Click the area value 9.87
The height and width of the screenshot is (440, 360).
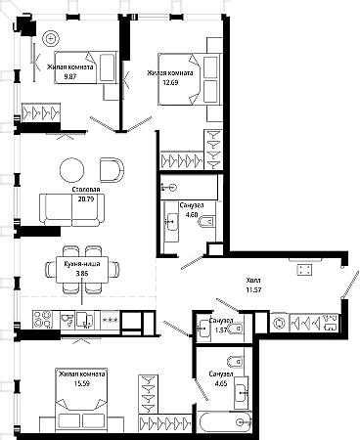click(70, 77)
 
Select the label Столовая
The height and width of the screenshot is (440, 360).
click(86, 190)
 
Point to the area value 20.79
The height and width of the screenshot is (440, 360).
click(86, 198)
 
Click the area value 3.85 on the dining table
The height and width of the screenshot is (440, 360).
click(82, 274)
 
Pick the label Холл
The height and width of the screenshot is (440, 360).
click(253, 281)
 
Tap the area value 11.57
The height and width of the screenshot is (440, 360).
click(253, 289)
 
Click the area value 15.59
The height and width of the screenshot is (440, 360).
click(82, 383)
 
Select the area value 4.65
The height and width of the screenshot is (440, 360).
click(221, 383)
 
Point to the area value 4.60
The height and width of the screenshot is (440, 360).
click(192, 215)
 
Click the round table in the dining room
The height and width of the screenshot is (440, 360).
click(71, 170)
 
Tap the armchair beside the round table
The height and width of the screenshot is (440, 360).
click(112, 170)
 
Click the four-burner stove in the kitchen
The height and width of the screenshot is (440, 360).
click(43, 320)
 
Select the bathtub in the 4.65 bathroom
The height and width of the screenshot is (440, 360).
click(225, 422)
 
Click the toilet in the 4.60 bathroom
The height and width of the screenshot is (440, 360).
click(206, 222)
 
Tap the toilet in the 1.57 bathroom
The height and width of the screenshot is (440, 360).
click(236, 329)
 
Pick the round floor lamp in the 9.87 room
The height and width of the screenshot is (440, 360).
click(51, 39)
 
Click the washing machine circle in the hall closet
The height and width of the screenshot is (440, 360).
click(279, 324)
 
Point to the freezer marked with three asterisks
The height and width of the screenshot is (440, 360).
click(111, 320)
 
